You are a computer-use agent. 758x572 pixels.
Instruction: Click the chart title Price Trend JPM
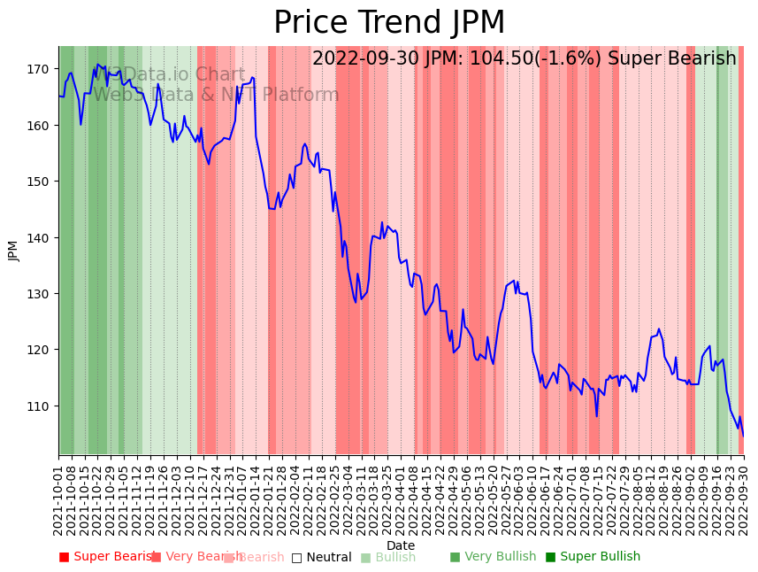pos(389,23)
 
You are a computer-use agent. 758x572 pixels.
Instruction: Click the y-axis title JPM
pos(13,251)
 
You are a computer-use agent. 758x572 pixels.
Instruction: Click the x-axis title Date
pos(401,545)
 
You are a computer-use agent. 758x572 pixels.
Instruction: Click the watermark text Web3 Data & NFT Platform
pos(216,96)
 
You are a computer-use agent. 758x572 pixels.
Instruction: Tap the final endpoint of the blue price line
pos(743,436)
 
